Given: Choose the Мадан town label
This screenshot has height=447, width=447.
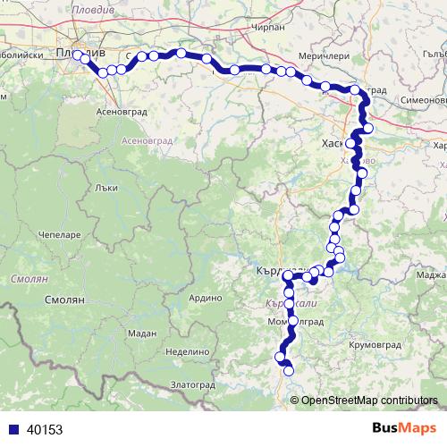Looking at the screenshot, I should (x=142, y=333).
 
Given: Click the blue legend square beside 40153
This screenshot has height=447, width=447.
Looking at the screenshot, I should (x=11, y=429).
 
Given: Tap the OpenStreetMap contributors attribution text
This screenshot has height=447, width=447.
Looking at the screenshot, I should (x=369, y=400).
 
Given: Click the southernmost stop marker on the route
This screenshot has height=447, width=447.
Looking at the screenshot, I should (x=288, y=370).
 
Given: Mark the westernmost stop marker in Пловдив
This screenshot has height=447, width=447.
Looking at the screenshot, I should (x=77, y=55).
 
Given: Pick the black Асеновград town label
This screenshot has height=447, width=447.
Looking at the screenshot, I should (x=115, y=113).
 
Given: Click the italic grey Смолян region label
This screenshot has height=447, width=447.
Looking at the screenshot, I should (x=22, y=280).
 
